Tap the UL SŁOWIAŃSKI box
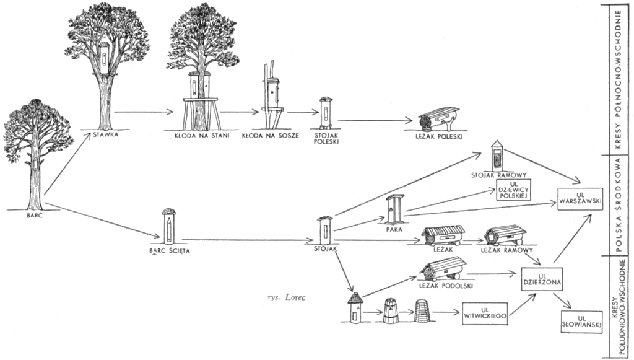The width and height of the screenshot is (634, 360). (581, 321)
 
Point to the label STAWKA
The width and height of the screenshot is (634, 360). (106, 133)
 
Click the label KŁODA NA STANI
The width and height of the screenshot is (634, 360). (201, 134)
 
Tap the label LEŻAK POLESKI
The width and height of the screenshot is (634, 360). (433, 133)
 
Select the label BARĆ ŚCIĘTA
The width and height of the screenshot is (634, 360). (169, 251)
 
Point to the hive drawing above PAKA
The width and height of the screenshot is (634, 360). (395, 209)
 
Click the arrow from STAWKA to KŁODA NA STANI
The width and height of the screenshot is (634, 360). (143, 112)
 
